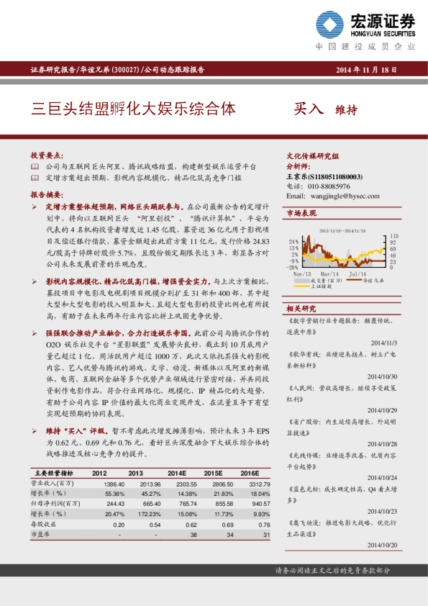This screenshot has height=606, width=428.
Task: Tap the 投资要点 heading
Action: coord(47,155)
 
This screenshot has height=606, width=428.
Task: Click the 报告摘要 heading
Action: coord(47,195)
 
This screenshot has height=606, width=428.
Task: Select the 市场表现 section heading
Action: coord(301,214)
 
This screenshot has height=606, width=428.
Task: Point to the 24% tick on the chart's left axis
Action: coord(294,241)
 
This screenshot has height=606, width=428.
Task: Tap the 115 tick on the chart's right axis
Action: coord(394,236)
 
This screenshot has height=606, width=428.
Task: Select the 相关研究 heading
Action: coord(301,308)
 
